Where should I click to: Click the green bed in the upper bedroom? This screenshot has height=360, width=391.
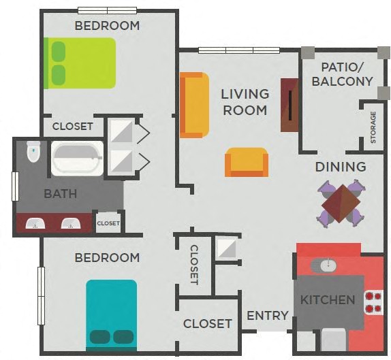[x=80, y=63]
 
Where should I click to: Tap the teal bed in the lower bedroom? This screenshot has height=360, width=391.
[x=111, y=314]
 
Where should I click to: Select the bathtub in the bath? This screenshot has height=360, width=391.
[x=78, y=159]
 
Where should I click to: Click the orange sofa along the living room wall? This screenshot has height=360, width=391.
[x=193, y=105]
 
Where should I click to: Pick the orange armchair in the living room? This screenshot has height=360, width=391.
[x=247, y=162]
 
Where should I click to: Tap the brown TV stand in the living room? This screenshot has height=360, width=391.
[x=290, y=105]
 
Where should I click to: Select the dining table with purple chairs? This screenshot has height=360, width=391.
[x=341, y=203]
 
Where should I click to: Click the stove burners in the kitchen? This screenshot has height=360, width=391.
[x=373, y=301]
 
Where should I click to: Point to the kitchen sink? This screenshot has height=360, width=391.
[x=324, y=265]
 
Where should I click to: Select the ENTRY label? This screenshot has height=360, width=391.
[x=268, y=316]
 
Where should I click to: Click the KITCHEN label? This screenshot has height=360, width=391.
[x=328, y=300]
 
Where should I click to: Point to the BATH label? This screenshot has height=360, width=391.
[x=60, y=194]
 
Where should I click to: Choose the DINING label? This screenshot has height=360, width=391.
[x=341, y=167]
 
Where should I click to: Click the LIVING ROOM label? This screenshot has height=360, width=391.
[x=245, y=101]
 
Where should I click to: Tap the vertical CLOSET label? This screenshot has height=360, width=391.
[x=194, y=265]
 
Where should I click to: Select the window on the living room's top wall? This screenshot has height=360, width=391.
[x=239, y=50]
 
